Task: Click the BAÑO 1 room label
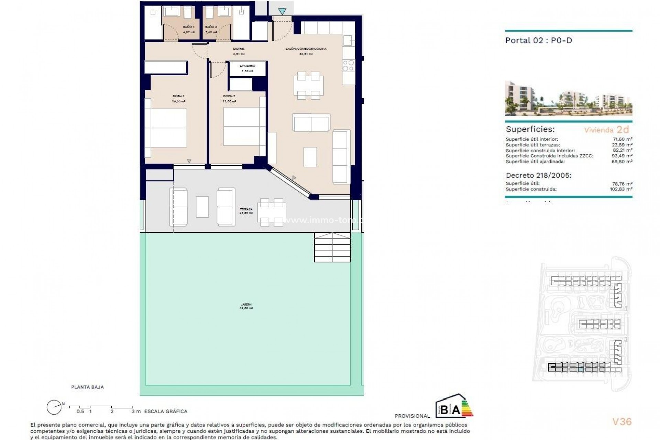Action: [x=188, y=27]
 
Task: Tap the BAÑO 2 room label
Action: [x=211, y=27]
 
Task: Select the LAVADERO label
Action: [x=247, y=66]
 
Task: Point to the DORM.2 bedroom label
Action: [x=229, y=96]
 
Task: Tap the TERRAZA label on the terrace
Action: [x=246, y=209]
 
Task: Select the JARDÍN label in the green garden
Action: [x=246, y=305]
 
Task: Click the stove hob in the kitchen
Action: [x=348, y=65]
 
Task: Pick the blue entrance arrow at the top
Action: [x=282, y=12]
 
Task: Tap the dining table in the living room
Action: [x=308, y=85]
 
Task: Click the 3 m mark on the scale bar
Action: [x=133, y=411]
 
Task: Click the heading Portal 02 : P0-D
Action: [x=538, y=40]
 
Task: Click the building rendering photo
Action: [x=568, y=98]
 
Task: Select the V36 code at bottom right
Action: [x=622, y=421]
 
